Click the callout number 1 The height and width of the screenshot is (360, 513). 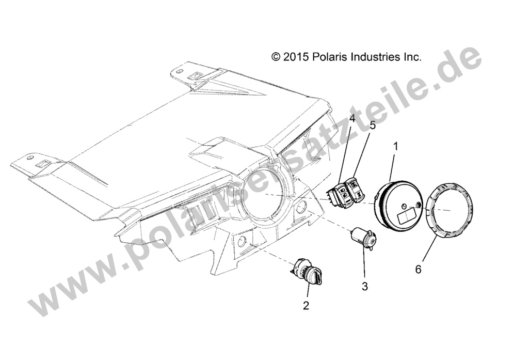(396, 147)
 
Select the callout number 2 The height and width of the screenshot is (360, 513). (306, 306)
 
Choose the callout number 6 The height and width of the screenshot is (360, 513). (418, 269)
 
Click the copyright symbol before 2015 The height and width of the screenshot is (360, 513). (276, 57)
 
